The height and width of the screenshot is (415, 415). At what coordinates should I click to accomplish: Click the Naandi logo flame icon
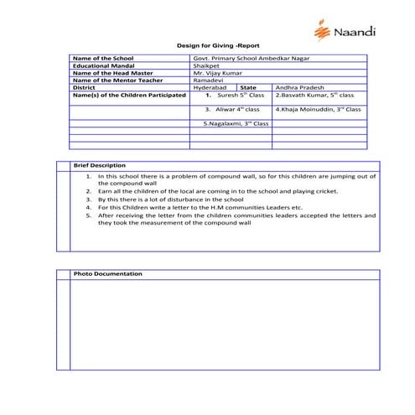click(322, 31)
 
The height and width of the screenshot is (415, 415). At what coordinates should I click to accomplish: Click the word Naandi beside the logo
click(355, 33)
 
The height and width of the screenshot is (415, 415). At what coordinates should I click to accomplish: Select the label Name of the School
click(102, 58)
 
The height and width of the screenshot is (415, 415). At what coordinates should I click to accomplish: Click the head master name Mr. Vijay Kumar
click(215, 72)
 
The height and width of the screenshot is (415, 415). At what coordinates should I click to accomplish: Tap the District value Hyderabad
click(210, 87)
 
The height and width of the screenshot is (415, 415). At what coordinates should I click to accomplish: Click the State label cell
click(247, 87)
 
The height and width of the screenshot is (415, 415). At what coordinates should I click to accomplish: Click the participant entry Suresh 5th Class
click(234, 96)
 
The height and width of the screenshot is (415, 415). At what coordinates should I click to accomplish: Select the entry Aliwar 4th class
click(233, 109)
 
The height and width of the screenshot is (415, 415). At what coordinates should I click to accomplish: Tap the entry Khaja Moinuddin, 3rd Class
click(318, 109)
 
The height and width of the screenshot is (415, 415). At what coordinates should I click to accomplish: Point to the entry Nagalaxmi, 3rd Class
click(236, 123)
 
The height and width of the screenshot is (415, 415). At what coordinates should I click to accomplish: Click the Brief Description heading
click(100, 165)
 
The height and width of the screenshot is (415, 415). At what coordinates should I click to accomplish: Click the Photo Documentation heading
click(107, 274)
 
